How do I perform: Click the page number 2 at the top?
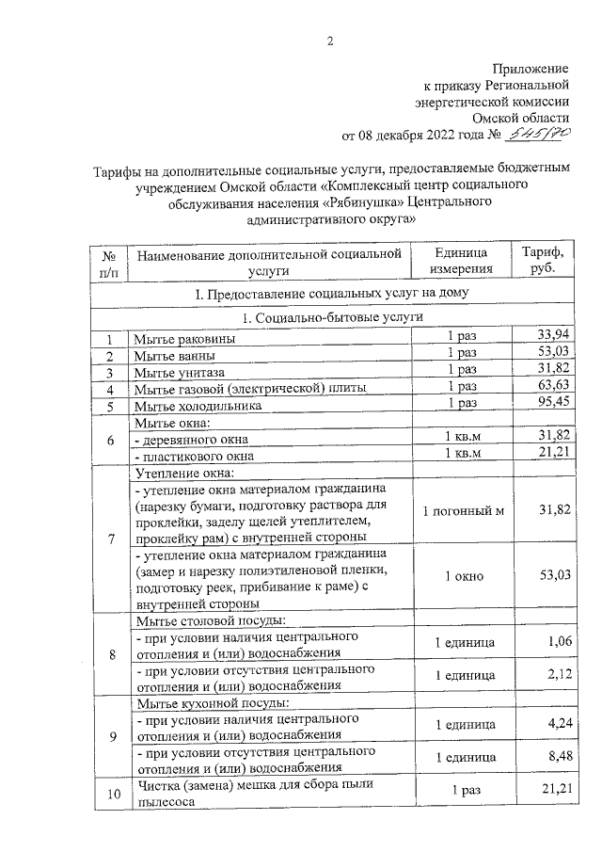pyautogui.click(x=329, y=40)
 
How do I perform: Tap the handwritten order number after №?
pyautogui.click(x=540, y=136)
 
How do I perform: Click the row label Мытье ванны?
pyautogui.click(x=173, y=356)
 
